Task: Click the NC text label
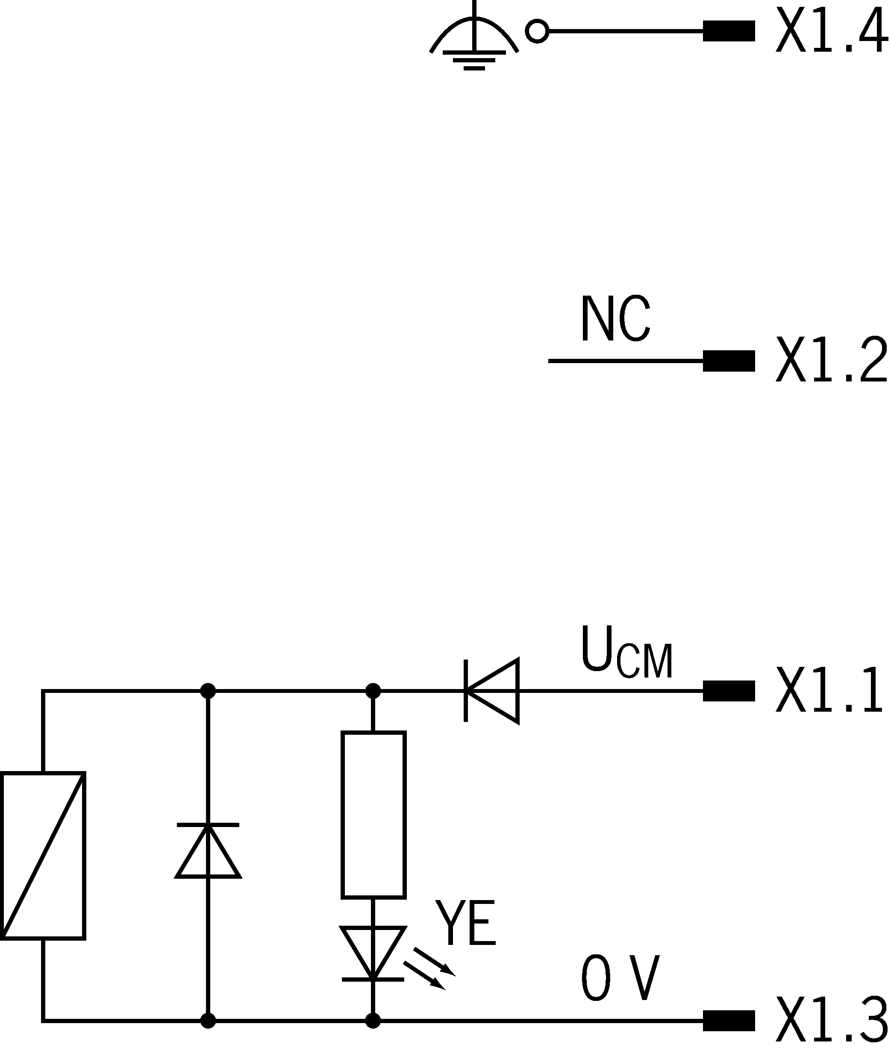[x=617, y=319]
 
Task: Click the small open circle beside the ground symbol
[x=538, y=31]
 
